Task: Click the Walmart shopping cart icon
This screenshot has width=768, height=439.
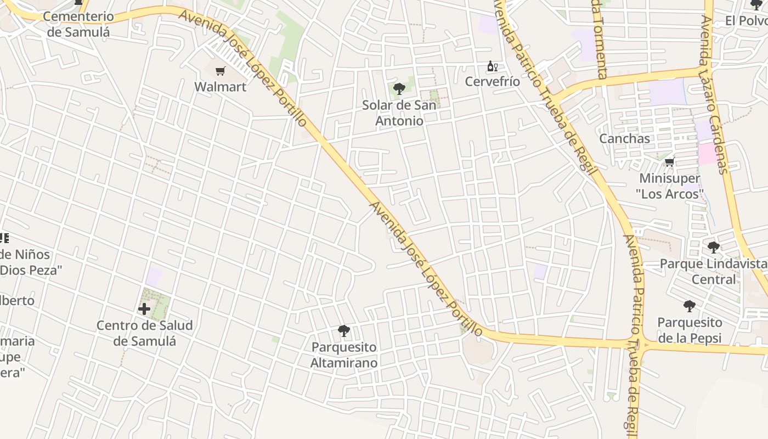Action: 221,71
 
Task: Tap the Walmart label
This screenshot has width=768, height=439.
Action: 221,87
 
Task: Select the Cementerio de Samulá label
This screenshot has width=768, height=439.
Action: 78,24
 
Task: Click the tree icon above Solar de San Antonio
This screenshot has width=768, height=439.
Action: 399,88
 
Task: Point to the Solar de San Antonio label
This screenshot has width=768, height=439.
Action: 399,112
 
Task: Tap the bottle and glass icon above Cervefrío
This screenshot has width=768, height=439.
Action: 492,66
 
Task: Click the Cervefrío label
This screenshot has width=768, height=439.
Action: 493,82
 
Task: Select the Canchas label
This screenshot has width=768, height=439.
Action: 624,139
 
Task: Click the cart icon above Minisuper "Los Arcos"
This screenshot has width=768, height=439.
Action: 669,162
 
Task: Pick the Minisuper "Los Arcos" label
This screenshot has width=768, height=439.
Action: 670,186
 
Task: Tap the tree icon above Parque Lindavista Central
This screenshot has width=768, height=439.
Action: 713,247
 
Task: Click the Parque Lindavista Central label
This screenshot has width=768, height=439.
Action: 713,272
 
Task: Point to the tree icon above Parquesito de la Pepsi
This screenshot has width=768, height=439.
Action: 690,306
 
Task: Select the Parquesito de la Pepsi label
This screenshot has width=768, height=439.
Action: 690,330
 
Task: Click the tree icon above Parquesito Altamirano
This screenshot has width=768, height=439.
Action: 344,331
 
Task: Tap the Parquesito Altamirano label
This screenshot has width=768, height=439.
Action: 344,355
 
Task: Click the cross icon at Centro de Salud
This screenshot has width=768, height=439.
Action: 144,309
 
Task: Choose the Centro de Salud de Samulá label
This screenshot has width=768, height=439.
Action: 145,333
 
